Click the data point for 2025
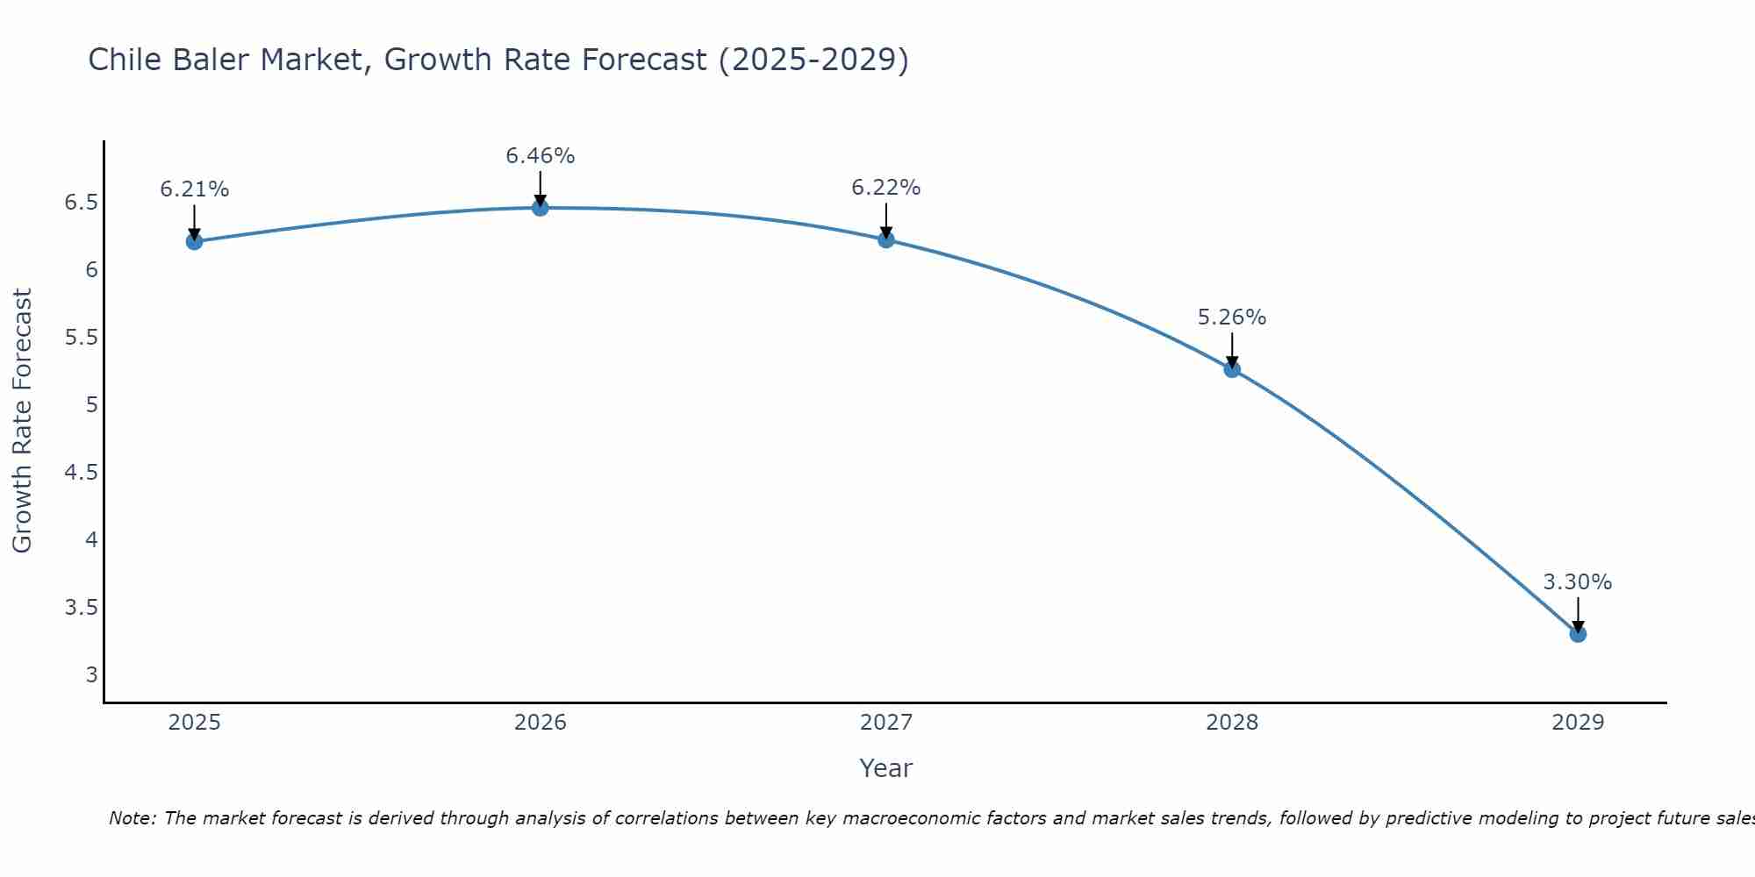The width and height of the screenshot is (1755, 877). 194,241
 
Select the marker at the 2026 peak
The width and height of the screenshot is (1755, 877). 540,208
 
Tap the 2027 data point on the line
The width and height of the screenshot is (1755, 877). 885,239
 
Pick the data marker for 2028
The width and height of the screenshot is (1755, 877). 1232,369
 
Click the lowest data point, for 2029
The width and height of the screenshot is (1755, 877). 1578,633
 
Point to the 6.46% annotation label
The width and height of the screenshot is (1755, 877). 540,156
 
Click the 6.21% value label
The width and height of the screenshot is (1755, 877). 194,189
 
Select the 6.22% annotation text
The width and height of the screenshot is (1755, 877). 885,188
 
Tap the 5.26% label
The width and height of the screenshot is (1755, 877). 1232,317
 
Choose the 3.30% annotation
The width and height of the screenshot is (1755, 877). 1577,582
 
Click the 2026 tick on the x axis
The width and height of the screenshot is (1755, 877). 540,723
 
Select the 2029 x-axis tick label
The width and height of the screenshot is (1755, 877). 1578,723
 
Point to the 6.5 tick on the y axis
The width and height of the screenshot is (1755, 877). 81,203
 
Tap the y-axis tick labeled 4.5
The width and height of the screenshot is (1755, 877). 81,473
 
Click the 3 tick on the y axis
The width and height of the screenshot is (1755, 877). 91,674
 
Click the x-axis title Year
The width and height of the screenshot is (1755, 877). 885,768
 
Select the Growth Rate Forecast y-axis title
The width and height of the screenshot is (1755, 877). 22,421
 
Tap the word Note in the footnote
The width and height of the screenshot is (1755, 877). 132,818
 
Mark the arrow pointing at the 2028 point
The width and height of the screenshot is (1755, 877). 1232,350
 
